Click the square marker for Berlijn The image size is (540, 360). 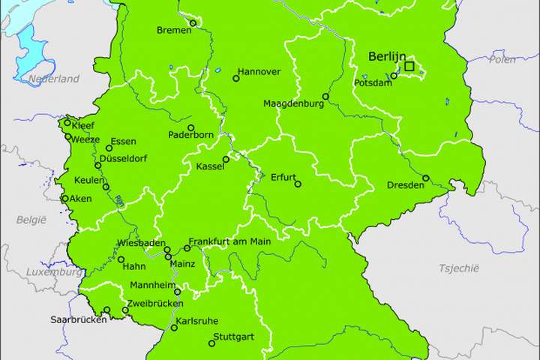click(409, 67)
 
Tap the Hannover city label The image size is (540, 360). click(259, 72)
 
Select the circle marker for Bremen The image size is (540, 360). click(193, 23)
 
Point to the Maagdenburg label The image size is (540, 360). click(293, 103)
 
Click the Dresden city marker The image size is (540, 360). click(426, 178)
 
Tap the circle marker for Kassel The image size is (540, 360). click(226, 160)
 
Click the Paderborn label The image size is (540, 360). click(191, 135)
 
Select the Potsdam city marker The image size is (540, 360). click(394, 76)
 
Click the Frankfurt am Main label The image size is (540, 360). click(229, 241)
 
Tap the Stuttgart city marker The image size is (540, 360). click(211, 344)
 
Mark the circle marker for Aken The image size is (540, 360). click(64, 199)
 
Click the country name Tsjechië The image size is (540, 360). click(458, 268)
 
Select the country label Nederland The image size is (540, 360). click(54, 79)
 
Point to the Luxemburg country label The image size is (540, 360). click(52, 271)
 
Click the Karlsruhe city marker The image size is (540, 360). click(174, 328)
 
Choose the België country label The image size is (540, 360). click(31, 219)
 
